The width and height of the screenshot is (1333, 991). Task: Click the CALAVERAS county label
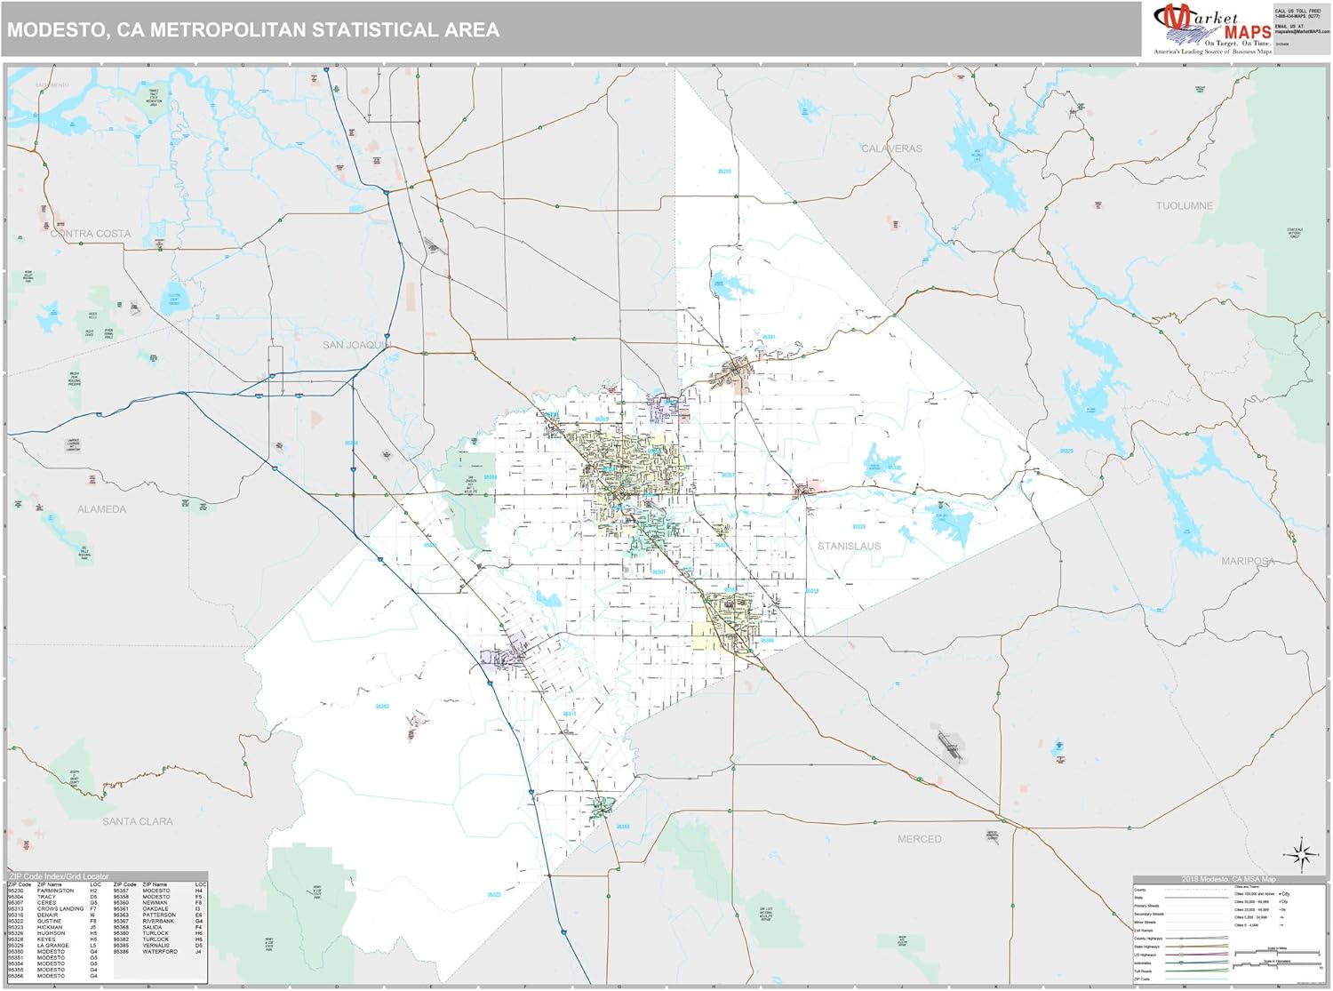(x=891, y=148)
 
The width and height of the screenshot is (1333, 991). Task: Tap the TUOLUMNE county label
(x=1184, y=205)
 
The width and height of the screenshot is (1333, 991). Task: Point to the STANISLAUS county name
(x=849, y=546)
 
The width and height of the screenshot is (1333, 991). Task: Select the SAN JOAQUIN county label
(x=356, y=345)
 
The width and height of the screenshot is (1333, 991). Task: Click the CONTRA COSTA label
(x=91, y=234)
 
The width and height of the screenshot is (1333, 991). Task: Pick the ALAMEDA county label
(x=101, y=509)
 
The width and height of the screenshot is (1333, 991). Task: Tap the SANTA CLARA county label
(x=137, y=821)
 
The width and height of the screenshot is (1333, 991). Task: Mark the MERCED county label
(x=919, y=839)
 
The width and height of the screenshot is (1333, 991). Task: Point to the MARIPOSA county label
(x=1248, y=561)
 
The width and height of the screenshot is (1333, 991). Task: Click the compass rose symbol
(x=1303, y=855)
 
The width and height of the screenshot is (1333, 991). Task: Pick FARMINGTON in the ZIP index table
(x=55, y=891)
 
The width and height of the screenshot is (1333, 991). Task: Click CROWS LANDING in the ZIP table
(x=60, y=908)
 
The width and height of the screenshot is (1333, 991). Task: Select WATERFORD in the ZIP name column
(x=160, y=951)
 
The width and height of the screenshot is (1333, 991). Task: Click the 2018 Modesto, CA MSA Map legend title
(x=1228, y=879)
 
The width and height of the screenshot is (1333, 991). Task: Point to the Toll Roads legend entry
(x=1143, y=971)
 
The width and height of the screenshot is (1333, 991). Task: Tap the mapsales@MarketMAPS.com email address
(x=1302, y=31)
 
